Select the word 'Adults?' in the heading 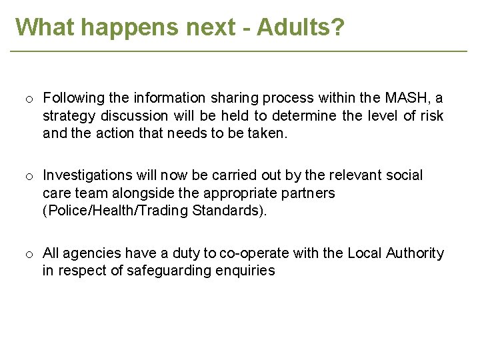(x=301, y=27)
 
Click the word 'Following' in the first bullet (x=72, y=99)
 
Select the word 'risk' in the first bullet (x=431, y=116)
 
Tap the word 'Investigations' (x=87, y=175)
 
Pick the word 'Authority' (x=413, y=253)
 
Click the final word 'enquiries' (x=245, y=271)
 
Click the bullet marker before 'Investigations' (x=30, y=177)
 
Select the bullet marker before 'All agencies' (x=30, y=255)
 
